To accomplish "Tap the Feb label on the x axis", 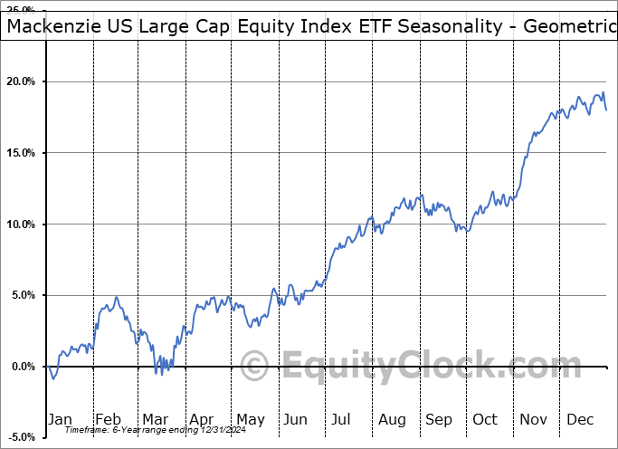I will [x=108, y=419].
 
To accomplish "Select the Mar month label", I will [x=155, y=419].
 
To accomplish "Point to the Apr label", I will [x=202, y=419].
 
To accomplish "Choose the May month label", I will [x=250, y=419].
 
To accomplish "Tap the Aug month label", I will [x=392, y=419].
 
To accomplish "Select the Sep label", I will [x=439, y=419].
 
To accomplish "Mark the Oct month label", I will [x=486, y=419].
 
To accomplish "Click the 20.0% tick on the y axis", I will [x=21, y=81].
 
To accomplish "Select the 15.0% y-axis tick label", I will [x=21, y=153].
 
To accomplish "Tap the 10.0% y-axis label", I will [x=21, y=224].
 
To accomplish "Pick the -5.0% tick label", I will [x=21, y=438].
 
